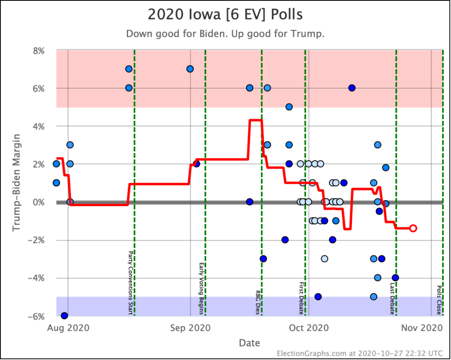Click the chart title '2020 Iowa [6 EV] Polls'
(225, 15)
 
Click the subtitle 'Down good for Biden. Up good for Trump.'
(225, 34)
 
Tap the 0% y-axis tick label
(38, 202)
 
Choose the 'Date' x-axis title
(249, 342)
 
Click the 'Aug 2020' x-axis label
(68, 327)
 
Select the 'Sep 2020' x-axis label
(190, 327)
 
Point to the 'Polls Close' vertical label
(439, 300)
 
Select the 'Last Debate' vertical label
(392, 298)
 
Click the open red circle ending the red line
(413, 228)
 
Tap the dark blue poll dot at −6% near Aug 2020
(64, 315)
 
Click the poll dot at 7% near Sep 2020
(190, 69)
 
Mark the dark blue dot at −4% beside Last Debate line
(396, 278)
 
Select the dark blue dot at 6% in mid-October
(352, 88)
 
